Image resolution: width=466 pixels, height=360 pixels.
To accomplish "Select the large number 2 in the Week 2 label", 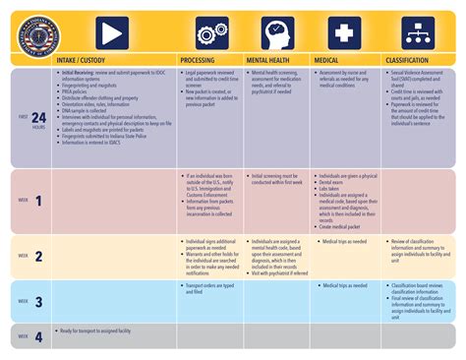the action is [x=38, y=256].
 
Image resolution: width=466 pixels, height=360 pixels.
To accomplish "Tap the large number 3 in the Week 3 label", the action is [x=38, y=302].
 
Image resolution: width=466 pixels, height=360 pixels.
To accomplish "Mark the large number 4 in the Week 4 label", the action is [x=38, y=336].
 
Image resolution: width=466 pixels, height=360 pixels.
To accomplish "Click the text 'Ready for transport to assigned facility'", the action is [x=99, y=330].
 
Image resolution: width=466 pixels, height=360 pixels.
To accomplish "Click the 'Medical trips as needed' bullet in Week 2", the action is [x=345, y=239].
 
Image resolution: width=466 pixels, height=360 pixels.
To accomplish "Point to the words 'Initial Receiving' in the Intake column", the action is [x=80, y=73].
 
